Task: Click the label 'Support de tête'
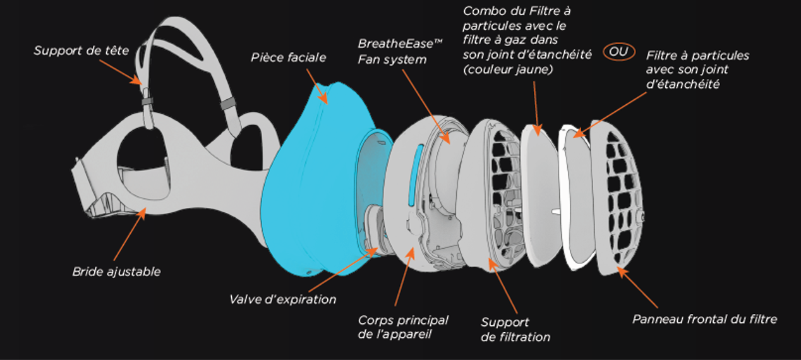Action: tap(81, 50)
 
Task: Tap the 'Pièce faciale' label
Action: tap(288, 57)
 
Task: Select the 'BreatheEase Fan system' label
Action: tap(392, 52)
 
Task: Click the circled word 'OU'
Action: tap(619, 52)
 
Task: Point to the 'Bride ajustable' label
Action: tap(116, 272)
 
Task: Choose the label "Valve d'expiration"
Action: tap(282, 299)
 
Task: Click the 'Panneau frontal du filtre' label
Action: tap(704, 319)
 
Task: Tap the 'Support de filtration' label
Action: tap(515, 330)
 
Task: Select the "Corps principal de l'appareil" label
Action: tap(403, 327)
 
